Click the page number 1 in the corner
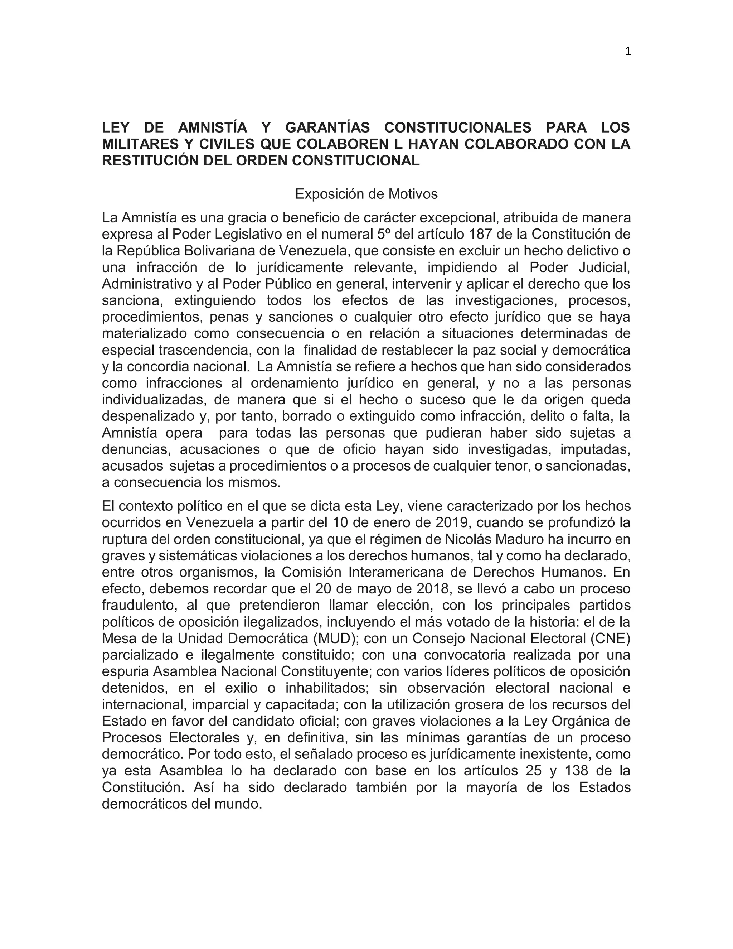click(627, 52)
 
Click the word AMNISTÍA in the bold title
click(212, 128)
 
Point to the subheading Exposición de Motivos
click(366, 194)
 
